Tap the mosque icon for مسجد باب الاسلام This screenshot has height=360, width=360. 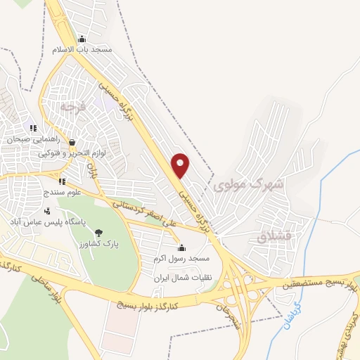[x=82, y=39]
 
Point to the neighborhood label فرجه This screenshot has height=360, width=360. [x=72, y=107]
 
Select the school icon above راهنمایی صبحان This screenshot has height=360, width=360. [x=32, y=128]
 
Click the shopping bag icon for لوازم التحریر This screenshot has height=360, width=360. [x=72, y=142]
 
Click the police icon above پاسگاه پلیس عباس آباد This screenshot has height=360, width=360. [x=47, y=210]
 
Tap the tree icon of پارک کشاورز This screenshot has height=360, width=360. [x=98, y=233]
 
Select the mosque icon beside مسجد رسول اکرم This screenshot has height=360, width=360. [x=182, y=247]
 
